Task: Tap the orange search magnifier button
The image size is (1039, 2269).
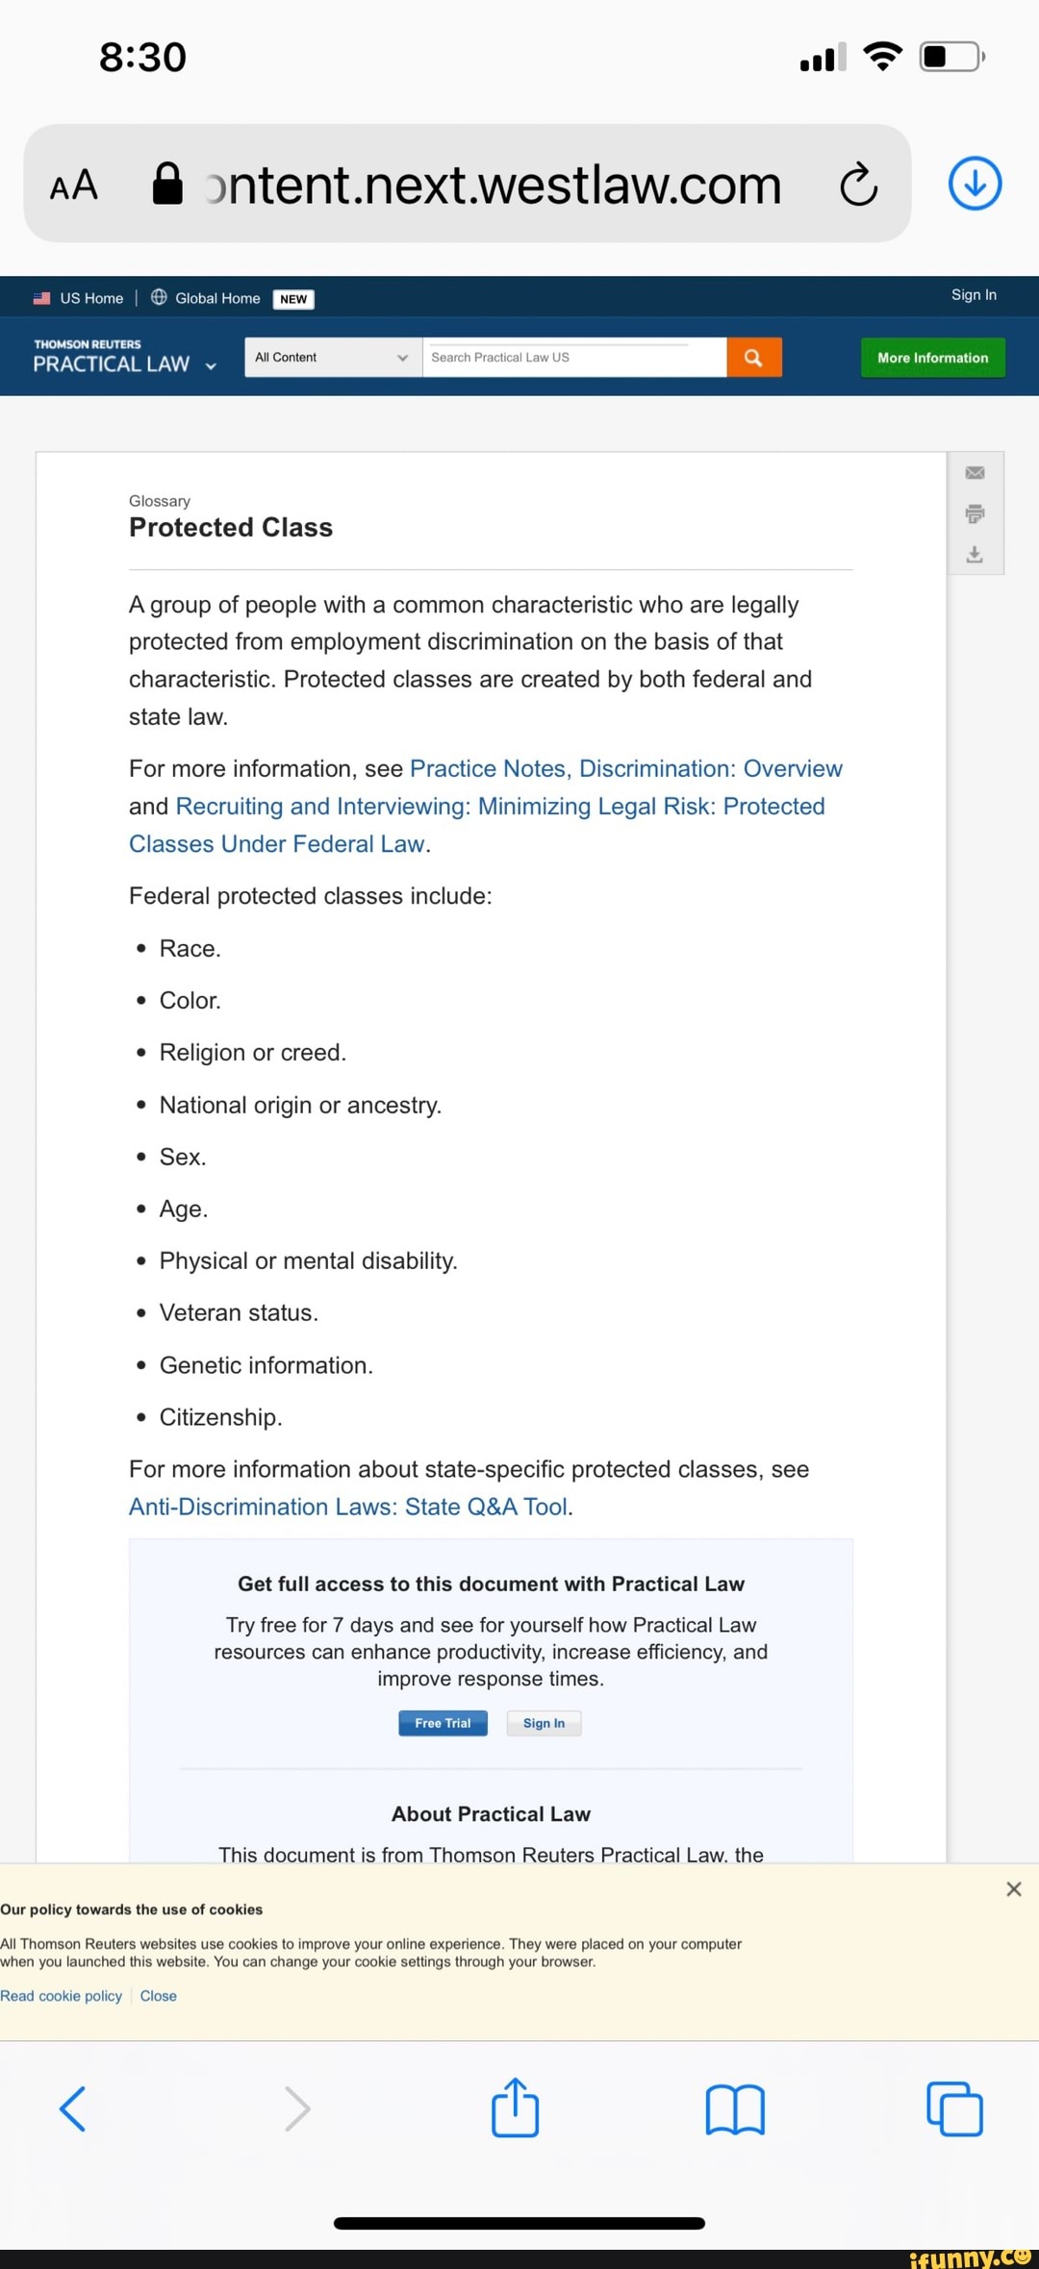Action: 753,358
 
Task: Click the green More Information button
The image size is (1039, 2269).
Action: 932,358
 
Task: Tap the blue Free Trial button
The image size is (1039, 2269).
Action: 443,1723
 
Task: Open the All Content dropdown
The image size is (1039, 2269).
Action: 333,358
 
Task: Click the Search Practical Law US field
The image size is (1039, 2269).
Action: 573,358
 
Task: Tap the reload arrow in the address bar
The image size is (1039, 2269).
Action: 858,184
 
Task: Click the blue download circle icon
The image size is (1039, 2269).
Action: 975,184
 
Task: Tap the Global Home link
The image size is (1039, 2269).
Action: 216,298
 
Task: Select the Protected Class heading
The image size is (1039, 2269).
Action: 231,528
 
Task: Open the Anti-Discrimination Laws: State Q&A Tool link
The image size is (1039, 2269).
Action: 348,1507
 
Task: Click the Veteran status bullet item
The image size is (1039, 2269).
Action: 238,1312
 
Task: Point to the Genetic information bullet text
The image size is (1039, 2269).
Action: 265,1365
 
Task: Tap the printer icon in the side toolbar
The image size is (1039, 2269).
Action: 975,513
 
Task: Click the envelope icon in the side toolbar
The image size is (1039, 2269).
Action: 975,473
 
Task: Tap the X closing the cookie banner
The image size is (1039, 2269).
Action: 1013,1889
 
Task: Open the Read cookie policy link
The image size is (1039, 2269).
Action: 62,1996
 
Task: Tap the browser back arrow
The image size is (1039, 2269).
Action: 73,2108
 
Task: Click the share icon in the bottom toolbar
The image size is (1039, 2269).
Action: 515,2107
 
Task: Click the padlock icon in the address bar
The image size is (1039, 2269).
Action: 167,184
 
